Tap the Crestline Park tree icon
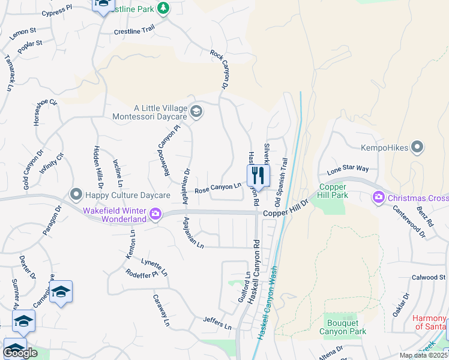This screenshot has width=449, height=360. [162, 8]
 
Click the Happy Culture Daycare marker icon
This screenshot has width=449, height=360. [76, 194]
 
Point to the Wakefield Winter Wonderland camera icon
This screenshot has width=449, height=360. [155, 214]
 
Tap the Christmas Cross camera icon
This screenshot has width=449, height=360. [379, 197]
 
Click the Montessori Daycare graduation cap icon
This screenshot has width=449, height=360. [196, 112]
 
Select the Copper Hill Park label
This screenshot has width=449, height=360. [333, 191]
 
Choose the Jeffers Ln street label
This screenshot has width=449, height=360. [217, 323]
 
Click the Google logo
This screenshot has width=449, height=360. [20, 353]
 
